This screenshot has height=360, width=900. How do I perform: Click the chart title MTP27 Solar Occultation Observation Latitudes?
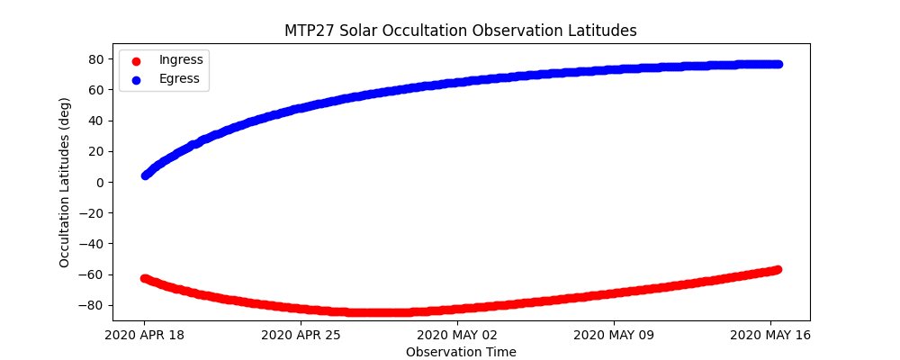coord(461,31)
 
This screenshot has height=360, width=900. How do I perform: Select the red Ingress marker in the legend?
coord(136,60)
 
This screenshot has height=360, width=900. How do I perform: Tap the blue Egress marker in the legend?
coord(136,79)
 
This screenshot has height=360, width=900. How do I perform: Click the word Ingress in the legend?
coord(181,59)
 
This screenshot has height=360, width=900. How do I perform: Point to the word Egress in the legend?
coord(180,79)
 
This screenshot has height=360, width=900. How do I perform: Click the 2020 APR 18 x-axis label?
coord(144,335)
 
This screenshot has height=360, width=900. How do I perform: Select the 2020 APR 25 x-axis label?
coord(301,335)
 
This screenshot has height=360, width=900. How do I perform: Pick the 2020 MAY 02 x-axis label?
coord(457,335)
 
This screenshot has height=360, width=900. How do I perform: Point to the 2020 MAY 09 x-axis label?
coord(614,335)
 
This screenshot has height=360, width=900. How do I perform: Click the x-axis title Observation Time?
coord(461,352)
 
